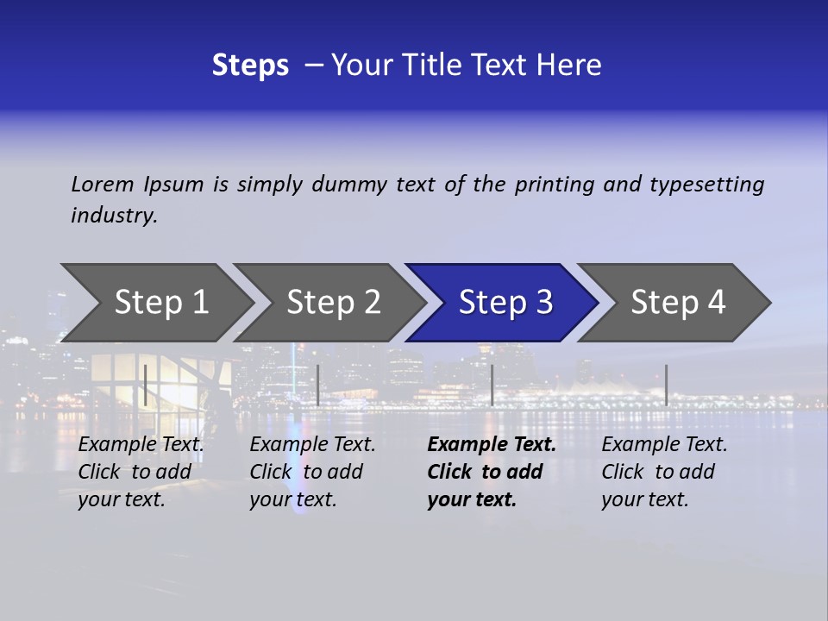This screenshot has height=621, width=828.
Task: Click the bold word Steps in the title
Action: [250, 66]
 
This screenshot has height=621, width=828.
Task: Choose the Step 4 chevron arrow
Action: [678, 303]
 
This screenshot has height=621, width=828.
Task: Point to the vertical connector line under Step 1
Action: [146, 385]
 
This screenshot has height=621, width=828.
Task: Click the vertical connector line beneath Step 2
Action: [318, 385]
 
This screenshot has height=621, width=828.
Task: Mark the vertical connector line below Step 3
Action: [492, 385]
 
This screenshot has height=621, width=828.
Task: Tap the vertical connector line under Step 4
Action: [667, 385]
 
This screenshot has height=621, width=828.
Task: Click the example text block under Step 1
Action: [141, 472]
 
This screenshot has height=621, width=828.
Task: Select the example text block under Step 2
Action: [312, 472]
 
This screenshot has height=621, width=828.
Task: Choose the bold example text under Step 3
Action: [491, 472]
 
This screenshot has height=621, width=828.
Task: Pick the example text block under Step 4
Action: [664, 472]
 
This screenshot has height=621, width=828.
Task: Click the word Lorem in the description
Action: [103, 185]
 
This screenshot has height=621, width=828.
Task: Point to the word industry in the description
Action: [113, 216]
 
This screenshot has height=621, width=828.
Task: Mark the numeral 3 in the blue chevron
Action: [543, 303]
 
